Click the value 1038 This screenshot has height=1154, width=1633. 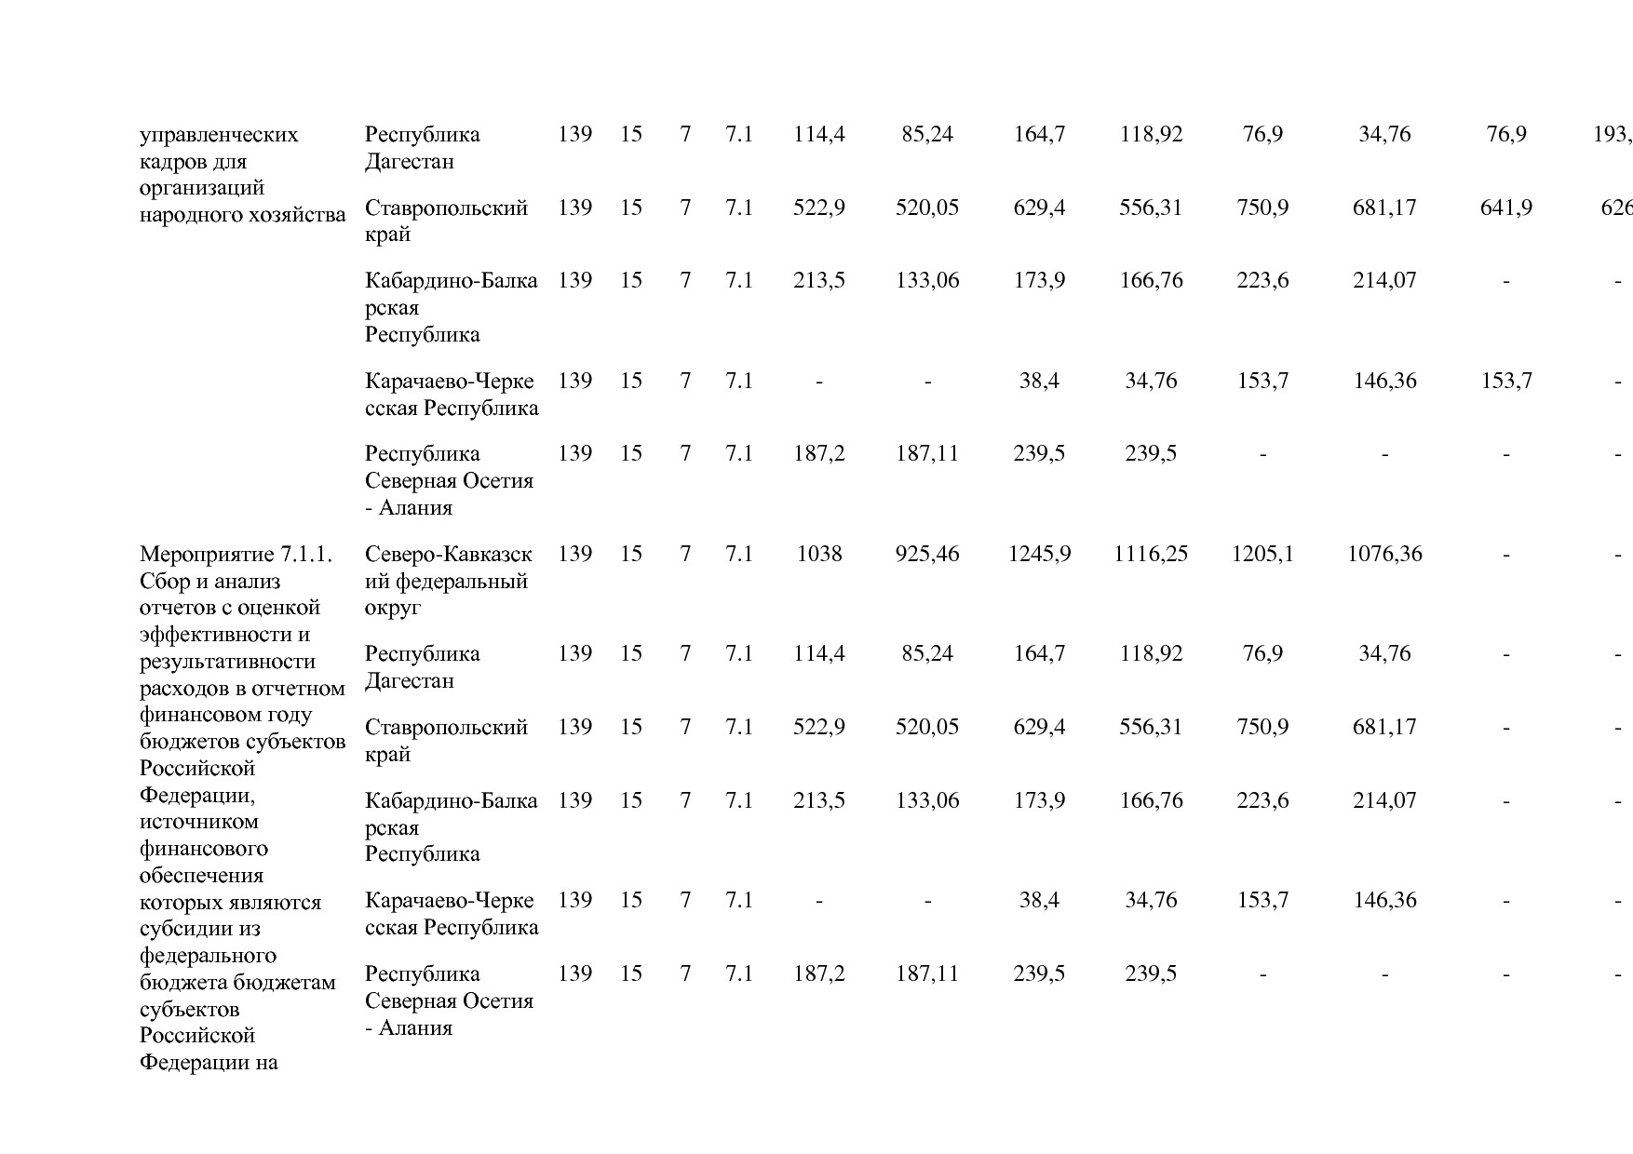coord(818,555)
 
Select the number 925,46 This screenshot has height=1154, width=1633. coord(927,555)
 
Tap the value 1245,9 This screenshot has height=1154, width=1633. coord(1039,555)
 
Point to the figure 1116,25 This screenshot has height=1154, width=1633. coord(1151,555)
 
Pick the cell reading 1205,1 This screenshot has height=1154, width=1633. coord(1262,555)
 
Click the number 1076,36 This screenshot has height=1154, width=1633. coord(1384,555)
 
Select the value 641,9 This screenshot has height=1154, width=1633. coord(1505,208)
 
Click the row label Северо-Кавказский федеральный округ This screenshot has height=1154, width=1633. coord(448,581)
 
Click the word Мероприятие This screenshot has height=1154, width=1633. coord(207,555)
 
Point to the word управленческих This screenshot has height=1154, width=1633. coord(219,135)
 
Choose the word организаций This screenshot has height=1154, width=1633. coord(202,189)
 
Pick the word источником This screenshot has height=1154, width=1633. coord(198,822)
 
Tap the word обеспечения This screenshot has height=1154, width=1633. coord(201,876)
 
